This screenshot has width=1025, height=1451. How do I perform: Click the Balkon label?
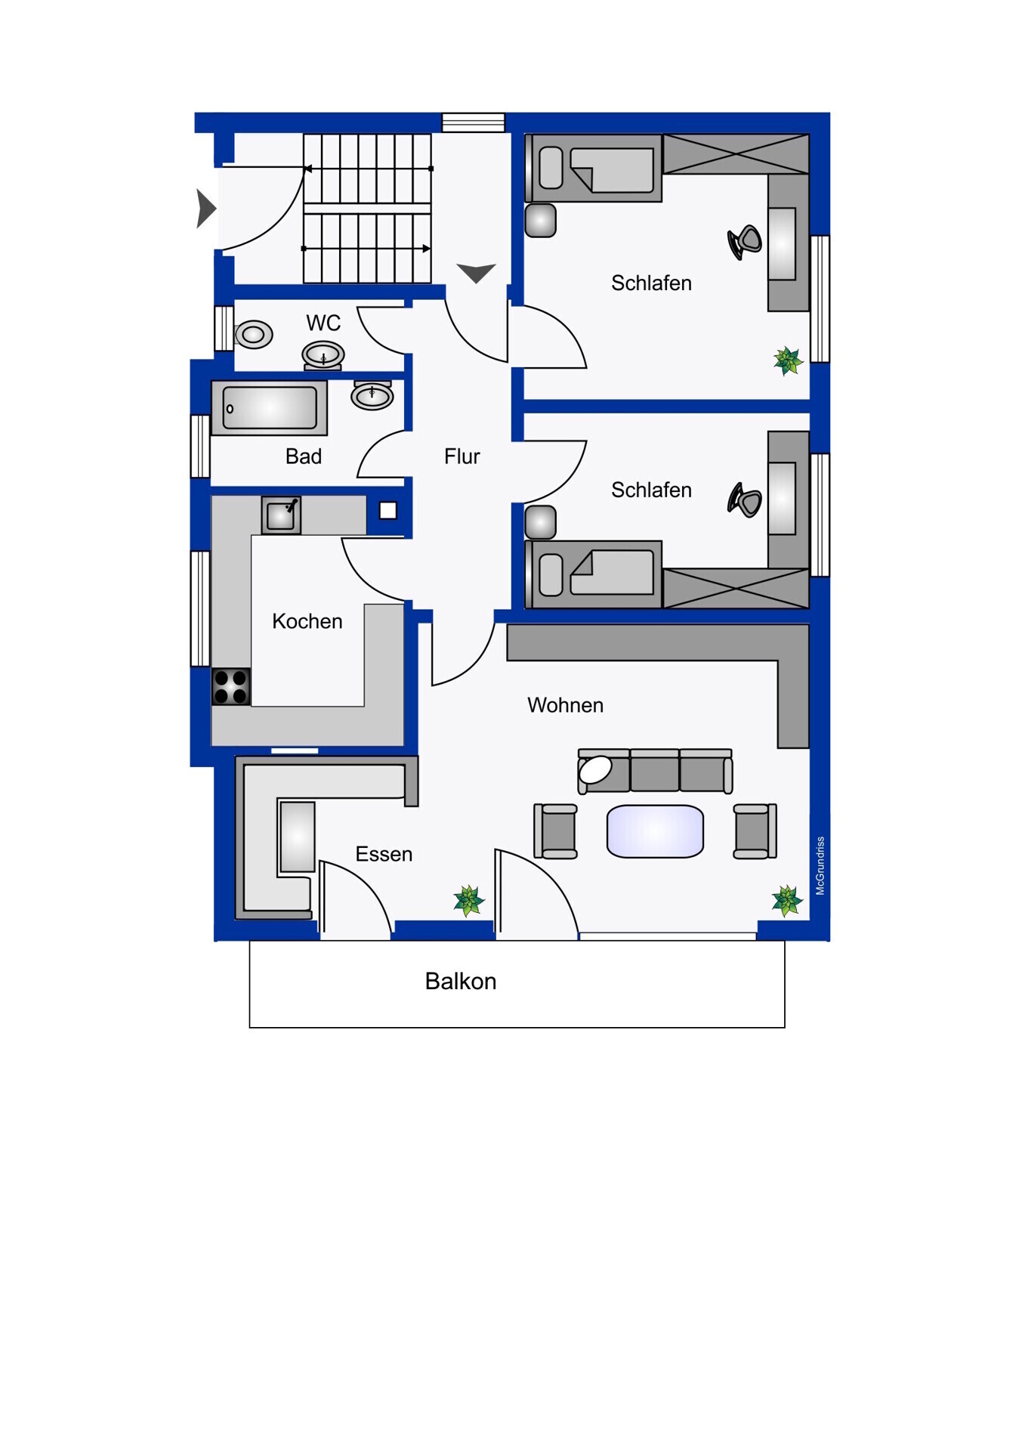461,981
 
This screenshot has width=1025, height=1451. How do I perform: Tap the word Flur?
462,456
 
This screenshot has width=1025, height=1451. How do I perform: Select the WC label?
323,323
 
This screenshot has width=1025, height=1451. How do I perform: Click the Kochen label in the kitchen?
307,621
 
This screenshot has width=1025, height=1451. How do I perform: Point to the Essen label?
384,854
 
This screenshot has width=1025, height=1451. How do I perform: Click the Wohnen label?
565,705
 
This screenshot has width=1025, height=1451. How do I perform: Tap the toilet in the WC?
254,334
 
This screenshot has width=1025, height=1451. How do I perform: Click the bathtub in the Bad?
269,408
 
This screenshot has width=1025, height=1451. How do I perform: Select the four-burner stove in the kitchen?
231,687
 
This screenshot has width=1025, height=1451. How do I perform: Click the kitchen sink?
281,515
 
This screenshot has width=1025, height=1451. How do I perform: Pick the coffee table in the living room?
655,831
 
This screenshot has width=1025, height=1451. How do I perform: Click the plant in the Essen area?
468,901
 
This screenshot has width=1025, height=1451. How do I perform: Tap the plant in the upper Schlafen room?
787,361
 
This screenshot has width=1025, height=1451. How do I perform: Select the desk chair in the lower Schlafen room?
745,500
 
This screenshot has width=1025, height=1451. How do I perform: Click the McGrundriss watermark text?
820,866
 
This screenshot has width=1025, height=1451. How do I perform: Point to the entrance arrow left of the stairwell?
205,209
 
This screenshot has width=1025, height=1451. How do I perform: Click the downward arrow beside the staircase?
476,273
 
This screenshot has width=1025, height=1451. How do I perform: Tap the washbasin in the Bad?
372,395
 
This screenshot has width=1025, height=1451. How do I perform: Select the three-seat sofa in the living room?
655,772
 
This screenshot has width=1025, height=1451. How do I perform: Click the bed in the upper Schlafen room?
594,168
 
